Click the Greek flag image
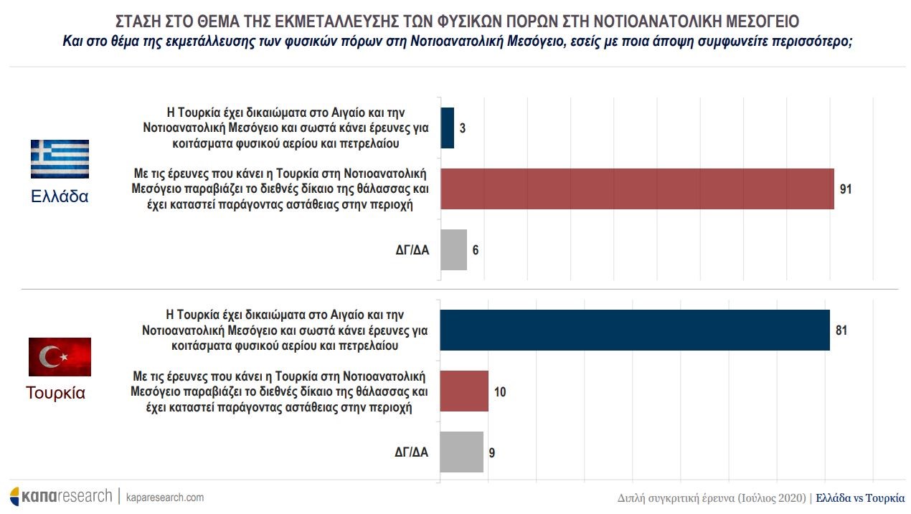coord(60,158)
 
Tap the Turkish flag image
coord(60,356)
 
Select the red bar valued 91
coord(636,189)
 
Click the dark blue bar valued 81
coord(634,330)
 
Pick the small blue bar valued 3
coord(447,128)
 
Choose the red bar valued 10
coord(463,391)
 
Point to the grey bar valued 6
coord(453,250)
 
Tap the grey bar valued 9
coord(461,452)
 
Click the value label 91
coord(846,189)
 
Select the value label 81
coord(841,330)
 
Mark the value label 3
coord(463,129)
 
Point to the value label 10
coord(501,392)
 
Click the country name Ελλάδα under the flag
coord(60,196)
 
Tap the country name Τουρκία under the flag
coord(56,393)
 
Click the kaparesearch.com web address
coord(165,498)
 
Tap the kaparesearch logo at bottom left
coord(61,496)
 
